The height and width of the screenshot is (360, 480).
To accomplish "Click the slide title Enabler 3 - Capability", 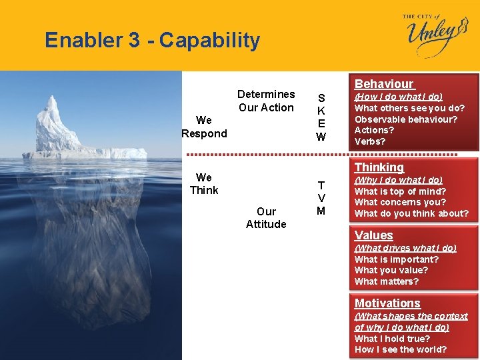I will pos(152,41).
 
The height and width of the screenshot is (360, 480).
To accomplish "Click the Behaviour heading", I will pos(383,84).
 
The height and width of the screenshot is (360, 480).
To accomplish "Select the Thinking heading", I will pos(379,167).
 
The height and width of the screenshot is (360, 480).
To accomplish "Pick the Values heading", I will pos(373,235).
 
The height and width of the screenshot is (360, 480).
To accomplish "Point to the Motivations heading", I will pos(387,303).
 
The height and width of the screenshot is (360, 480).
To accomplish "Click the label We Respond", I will pos(204,127).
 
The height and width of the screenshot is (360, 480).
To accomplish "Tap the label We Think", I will pos(204,183).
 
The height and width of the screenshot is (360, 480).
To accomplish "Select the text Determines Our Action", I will pos(266,101).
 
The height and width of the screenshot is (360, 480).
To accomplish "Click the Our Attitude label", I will pos(266,217).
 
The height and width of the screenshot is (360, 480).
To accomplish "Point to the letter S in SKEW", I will pos(321,97).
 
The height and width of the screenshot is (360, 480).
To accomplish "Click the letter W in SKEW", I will pos(321,137).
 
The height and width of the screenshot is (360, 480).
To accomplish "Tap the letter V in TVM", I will pos(321,198).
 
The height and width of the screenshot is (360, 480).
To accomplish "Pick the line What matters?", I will pos(387,281).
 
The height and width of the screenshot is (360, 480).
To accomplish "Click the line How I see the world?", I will pos(401,349).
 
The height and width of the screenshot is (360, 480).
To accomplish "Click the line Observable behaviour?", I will pos(405,119).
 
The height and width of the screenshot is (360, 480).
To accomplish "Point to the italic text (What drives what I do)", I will pos(405,248).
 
